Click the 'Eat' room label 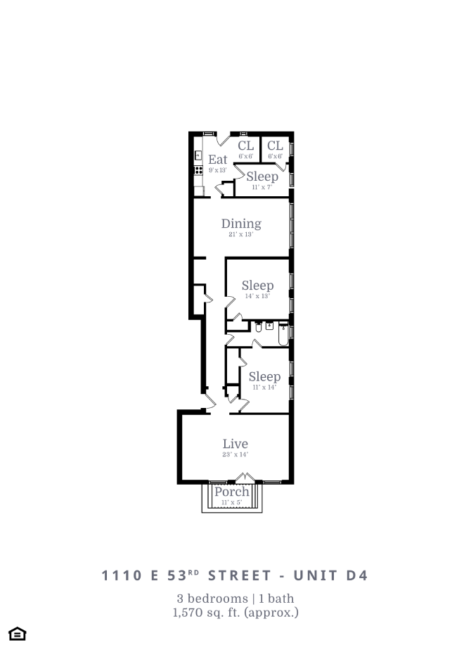[218, 160]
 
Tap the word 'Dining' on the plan [241, 224]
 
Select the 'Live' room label [235, 444]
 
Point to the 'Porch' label [231, 492]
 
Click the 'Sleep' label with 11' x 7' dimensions [262, 177]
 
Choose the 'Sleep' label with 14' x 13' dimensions [257, 285]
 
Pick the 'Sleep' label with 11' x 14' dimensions [264, 376]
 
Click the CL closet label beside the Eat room [245, 146]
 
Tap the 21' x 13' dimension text [240, 235]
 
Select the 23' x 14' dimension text [235, 454]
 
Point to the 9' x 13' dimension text [217, 170]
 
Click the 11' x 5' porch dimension [231, 503]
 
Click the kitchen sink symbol [198, 155]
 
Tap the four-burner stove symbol [198, 170]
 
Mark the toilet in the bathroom [259, 327]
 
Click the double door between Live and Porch [240, 479]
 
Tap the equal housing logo [18, 633]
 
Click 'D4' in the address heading [354, 575]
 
